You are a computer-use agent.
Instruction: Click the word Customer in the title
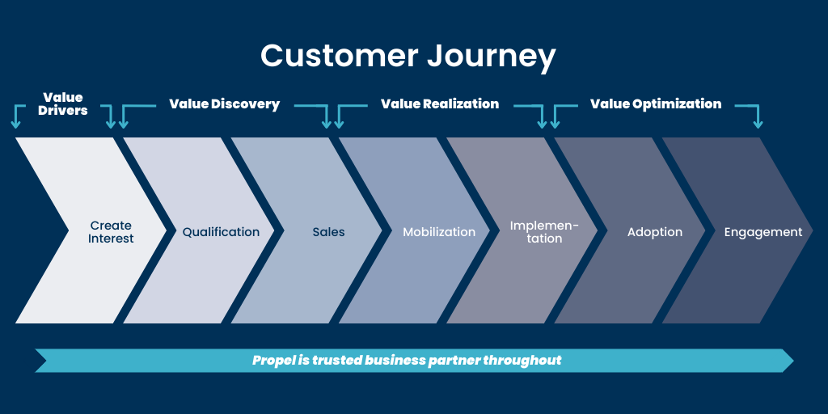340,55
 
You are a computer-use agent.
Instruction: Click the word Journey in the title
492,57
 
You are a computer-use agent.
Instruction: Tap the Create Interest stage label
111,232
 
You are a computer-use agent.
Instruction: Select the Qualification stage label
222,232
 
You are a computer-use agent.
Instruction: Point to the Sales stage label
328,232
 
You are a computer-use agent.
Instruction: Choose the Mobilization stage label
439,232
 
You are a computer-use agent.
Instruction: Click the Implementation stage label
544,232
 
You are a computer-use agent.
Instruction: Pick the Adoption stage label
655,232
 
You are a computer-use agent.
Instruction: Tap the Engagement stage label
763,232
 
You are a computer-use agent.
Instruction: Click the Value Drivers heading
63,104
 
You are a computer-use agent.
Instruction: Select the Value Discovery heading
225,104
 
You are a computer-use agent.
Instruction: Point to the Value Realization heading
440,104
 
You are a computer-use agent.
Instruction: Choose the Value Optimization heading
656,104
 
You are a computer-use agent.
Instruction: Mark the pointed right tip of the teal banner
793,361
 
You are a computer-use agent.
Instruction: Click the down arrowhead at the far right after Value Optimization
758,125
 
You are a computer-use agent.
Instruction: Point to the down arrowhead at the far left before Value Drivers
16,125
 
